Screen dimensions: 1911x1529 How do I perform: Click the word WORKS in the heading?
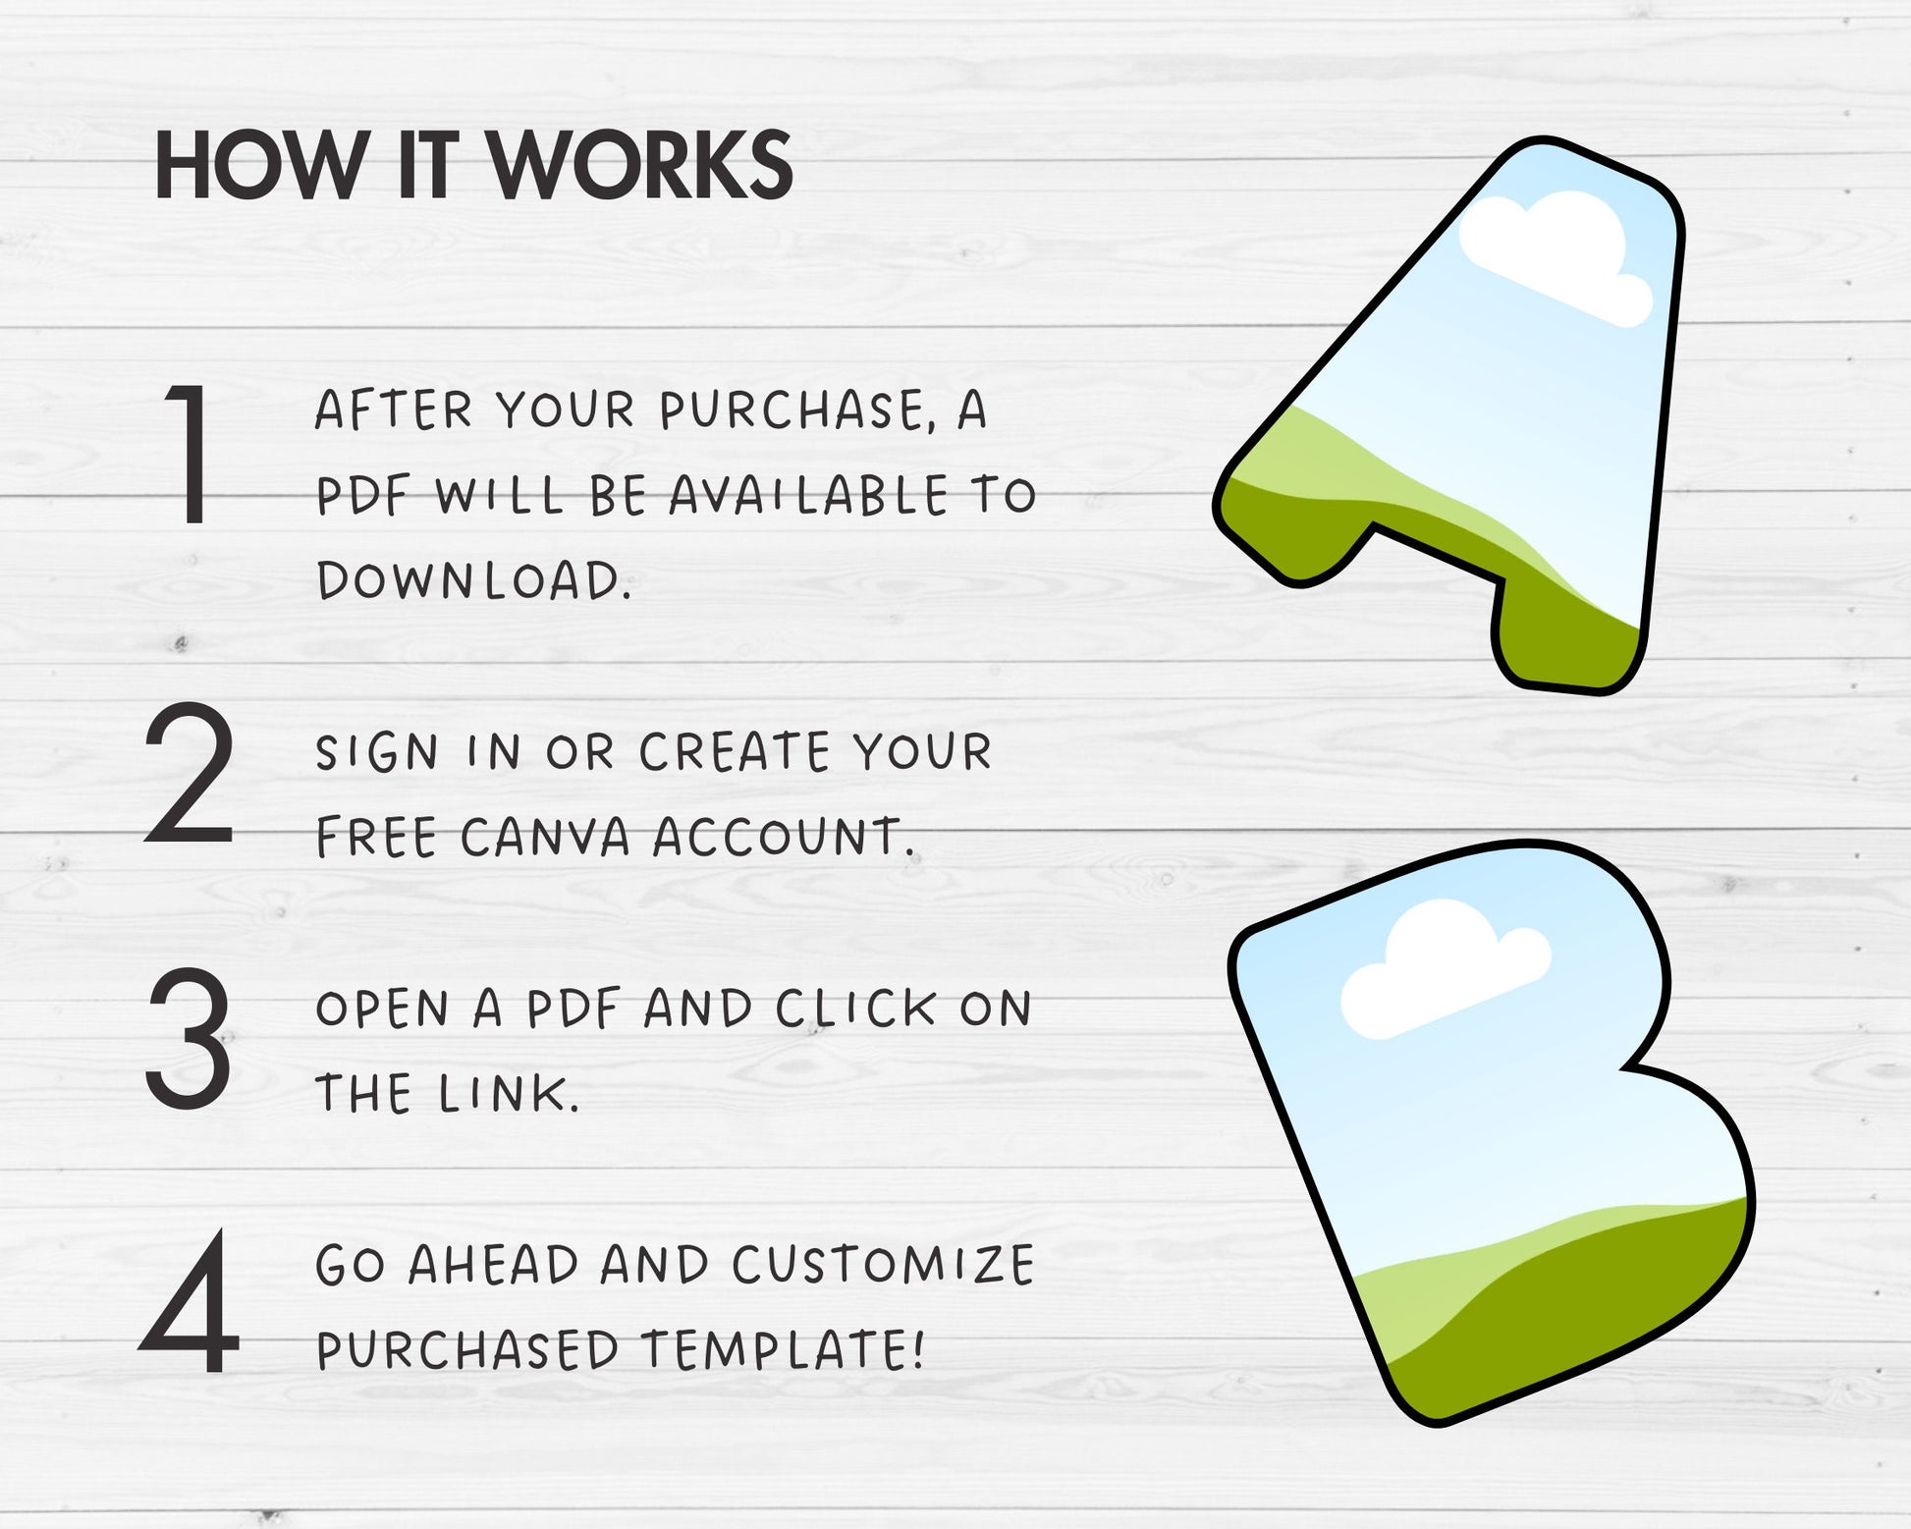(641, 165)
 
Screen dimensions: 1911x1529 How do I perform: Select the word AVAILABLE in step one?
(808, 495)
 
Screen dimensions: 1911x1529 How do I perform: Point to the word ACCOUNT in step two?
(784, 837)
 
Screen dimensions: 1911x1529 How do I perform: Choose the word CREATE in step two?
(736, 752)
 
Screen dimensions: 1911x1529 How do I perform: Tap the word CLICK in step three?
(855, 1009)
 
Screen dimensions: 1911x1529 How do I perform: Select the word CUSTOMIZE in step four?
(883, 1265)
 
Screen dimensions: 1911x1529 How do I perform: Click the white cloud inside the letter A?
(1552, 255)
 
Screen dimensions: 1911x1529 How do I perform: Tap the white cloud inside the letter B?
(1444, 967)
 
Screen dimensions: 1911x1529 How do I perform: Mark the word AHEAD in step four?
(493, 1265)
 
